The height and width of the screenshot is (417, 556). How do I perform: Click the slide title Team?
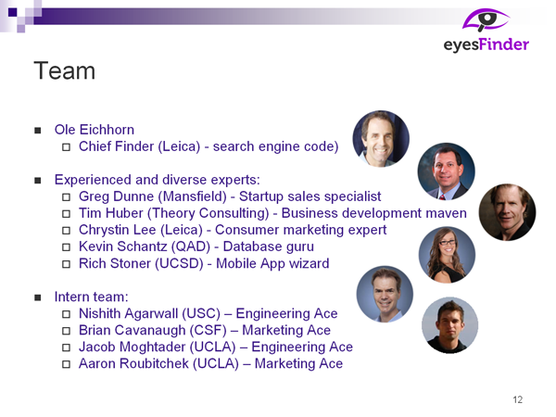65,71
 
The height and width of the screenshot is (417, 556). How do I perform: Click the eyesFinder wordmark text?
486,45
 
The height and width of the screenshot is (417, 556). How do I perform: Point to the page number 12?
518,399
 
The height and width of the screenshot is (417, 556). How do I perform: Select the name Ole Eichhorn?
95,130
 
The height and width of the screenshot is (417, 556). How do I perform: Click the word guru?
300,247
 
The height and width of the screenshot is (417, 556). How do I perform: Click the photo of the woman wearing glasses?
447,255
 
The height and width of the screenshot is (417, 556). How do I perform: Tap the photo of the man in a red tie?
446,171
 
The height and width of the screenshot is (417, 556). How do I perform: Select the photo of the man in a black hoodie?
449,325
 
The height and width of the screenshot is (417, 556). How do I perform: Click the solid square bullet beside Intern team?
38,297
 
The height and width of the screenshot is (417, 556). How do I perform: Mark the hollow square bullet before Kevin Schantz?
66,247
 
